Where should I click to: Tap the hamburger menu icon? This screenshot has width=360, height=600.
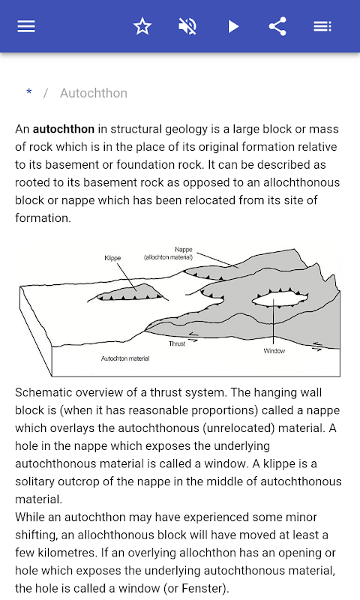click(x=26, y=26)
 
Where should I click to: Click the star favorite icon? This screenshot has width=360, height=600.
click(x=142, y=26)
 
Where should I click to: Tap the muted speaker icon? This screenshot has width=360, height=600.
click(x=187, y=26)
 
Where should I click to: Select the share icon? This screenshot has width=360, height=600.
click(x=277, y=26)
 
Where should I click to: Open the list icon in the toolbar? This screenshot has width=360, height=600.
click(x=322, y=26)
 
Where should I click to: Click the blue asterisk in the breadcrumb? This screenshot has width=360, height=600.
click(x=29, y=92)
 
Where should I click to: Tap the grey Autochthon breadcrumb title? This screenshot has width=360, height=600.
click(x=94, y=93)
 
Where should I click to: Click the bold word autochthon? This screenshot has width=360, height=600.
click(x=64, y=129)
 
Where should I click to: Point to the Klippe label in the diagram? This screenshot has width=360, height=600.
click(x=112, y=258)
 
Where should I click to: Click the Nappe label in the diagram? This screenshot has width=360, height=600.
click(x=184, y=249)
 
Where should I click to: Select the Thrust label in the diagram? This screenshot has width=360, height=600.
click(x=177, y=343)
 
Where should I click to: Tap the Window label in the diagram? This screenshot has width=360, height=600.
click(x=274, y=350)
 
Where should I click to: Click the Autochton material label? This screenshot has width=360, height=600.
click(x=125, y=358)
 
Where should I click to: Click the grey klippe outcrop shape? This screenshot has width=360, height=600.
click(x=130, y=292)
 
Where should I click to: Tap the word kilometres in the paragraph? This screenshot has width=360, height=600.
click(x=67, y=553)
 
